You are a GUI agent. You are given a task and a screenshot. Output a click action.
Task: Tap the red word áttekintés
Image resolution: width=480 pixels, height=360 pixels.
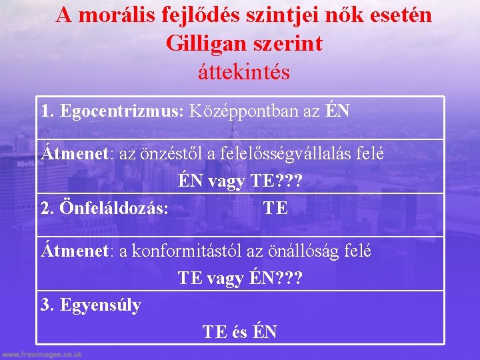coord(244,71)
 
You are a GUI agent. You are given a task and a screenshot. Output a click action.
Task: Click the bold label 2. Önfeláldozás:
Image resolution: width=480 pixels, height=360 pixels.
coord(105,208)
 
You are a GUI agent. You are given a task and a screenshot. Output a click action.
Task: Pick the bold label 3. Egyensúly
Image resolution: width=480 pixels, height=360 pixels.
coord(91,305)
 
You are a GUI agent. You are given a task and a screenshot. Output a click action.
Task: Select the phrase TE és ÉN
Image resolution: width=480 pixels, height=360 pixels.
coord(240,331)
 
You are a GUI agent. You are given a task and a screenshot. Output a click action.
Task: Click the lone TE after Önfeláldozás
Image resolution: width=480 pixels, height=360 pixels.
coord(275,208)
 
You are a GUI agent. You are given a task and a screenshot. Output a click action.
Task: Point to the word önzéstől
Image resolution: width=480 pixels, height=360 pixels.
coord(174,153)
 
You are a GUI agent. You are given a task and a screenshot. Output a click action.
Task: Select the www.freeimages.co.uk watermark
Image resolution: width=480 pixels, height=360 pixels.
coord(41,355)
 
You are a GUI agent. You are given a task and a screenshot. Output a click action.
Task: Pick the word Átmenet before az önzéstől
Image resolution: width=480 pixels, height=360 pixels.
coord(75,153)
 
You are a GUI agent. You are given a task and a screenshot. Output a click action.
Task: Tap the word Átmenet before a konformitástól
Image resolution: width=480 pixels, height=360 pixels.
coord(75,251)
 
